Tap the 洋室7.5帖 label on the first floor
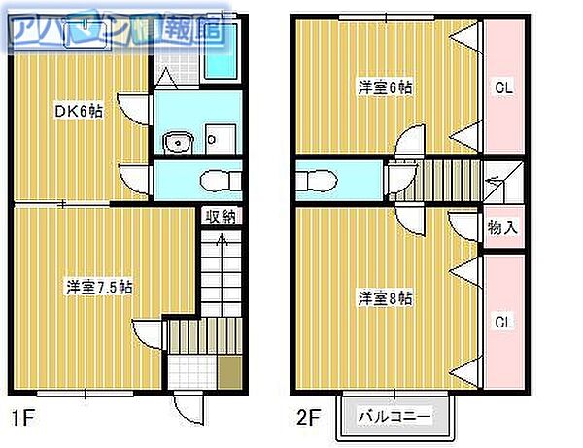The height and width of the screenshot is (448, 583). pos(100,288)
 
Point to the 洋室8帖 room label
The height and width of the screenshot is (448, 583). pos(386,297)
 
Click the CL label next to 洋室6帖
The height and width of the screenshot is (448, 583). pos(503,87)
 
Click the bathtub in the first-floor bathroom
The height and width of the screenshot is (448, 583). pos(222,51)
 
